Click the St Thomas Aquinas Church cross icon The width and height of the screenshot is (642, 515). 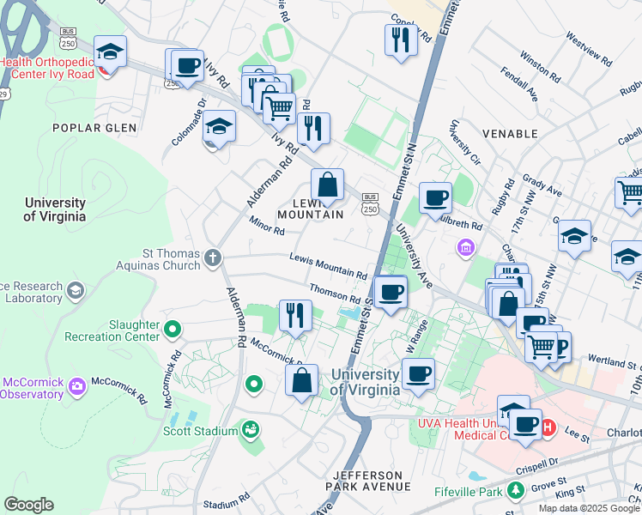coord(213,257)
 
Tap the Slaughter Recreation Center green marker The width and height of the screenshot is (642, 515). coord(173,329)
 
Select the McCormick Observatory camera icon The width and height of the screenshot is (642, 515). coord(78,386)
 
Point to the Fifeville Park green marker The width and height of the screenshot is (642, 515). coord(516,491)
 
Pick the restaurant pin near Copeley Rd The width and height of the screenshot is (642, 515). coord(401,39)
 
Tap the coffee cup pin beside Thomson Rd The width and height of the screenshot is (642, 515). coord(391,291)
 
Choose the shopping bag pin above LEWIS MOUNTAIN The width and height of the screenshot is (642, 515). coord(327,184)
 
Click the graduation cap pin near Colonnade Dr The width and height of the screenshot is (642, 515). coord(219,127)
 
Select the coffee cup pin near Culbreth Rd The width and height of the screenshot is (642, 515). coord(435,197)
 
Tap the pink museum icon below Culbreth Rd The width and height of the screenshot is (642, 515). coord(465,248)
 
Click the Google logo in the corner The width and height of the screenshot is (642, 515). coord(28,505)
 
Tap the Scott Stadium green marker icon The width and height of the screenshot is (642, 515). coord(250,427)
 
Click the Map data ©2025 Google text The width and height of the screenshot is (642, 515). coord(588,508)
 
